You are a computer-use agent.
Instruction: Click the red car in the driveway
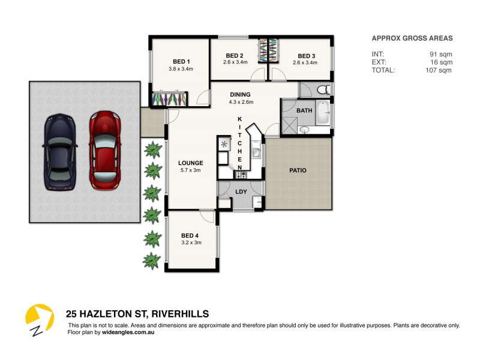105,150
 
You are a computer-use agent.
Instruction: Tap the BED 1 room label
181,61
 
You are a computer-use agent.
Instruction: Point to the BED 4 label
190,235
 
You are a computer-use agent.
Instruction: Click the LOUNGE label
191,163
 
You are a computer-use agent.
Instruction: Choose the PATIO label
298,170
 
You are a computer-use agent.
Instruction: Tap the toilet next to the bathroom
323,90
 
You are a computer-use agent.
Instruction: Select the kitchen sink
256,152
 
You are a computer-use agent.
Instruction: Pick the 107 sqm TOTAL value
439,70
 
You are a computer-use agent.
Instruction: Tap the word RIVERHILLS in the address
181,314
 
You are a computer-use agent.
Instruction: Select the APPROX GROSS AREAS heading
412,38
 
